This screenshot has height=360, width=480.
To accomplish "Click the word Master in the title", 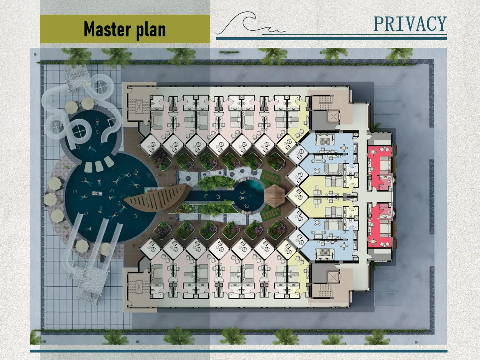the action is tap(107, 29).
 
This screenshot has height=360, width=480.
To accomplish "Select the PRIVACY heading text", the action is tap(410, 24).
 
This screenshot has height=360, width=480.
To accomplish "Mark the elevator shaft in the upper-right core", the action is tap(332, 118).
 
